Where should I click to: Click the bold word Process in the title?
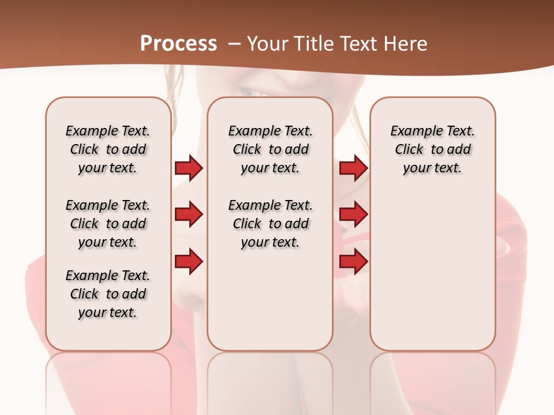point(178,44)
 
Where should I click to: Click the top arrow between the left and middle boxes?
point(189,168)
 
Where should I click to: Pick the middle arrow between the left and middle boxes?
point(189,215)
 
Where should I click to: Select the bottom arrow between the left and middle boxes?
point(189,262)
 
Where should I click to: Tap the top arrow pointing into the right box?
point(353,168)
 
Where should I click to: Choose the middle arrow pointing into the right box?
point(353,215)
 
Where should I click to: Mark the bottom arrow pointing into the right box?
point(353,262)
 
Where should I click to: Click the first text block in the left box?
point(108,149)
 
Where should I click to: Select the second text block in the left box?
point(108,224)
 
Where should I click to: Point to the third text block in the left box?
point(108,294)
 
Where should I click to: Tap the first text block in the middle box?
point(270,149)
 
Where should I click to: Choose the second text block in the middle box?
point(270,224)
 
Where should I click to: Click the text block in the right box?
point(432,149)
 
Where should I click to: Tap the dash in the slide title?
point(234,44)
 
